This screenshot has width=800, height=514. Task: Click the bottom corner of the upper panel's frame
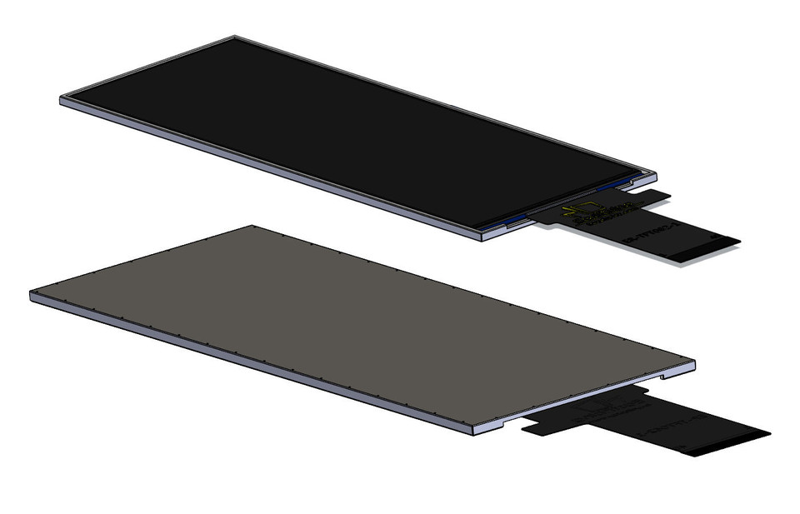pos(481,237)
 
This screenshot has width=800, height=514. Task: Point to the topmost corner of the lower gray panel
pos(250,226)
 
